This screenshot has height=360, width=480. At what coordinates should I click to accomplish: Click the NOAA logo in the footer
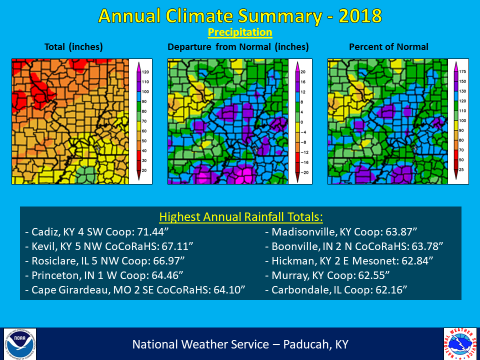20,343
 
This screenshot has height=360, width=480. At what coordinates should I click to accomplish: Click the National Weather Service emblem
460,343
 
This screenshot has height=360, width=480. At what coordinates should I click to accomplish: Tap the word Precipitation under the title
240,33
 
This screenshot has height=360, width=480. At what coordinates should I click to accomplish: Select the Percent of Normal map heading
388,47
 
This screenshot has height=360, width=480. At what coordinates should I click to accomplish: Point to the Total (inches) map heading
73,47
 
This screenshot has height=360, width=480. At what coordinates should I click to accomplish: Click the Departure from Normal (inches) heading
238,47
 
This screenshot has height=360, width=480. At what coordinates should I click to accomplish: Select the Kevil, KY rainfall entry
109,246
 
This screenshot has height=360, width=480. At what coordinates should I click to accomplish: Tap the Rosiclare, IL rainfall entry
107,260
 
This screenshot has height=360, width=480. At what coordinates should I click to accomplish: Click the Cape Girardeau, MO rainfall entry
134,289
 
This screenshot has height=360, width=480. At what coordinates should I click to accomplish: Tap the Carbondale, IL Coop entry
336,289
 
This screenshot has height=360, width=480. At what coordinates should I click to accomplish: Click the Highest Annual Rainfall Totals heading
241,217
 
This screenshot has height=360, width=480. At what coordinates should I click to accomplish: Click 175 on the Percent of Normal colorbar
463,72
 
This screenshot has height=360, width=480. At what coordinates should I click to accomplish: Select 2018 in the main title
360,16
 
